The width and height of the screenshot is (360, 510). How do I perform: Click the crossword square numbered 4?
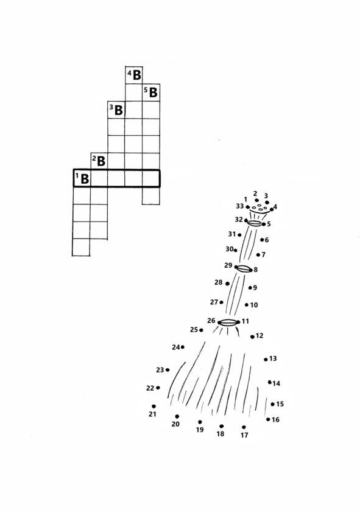pos(134,75)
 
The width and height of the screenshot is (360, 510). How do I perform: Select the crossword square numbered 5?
pos(151,93)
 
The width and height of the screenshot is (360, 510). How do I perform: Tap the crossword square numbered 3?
pos(116,110)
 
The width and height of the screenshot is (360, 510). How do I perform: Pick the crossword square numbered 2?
pos(99,161)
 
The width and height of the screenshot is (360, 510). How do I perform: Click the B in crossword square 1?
pos(85,178)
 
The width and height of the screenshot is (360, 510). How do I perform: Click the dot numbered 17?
pos(244,427)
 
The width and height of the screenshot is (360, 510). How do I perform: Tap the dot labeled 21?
pos(154,407)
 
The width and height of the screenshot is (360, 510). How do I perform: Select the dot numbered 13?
pos(266,360)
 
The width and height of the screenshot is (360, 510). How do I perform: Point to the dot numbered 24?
pos(183,347)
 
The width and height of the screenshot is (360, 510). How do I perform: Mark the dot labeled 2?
pos(256,200)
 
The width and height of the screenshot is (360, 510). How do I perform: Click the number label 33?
pos(240,206)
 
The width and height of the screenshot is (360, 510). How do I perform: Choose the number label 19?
pos(200,430)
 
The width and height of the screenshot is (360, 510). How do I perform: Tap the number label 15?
pos(280,404)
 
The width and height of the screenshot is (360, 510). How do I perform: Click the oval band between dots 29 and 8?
pos(244,268)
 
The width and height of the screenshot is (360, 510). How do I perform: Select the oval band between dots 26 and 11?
pos(228,323)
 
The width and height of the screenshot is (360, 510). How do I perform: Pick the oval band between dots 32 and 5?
pos(255,223)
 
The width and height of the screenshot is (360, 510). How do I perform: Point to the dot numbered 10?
pos(247,305)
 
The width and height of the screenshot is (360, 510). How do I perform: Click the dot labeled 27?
pos(221,302)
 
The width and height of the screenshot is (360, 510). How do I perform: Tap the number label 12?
pos(259,335)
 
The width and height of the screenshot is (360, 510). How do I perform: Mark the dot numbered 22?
pos(158,388)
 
